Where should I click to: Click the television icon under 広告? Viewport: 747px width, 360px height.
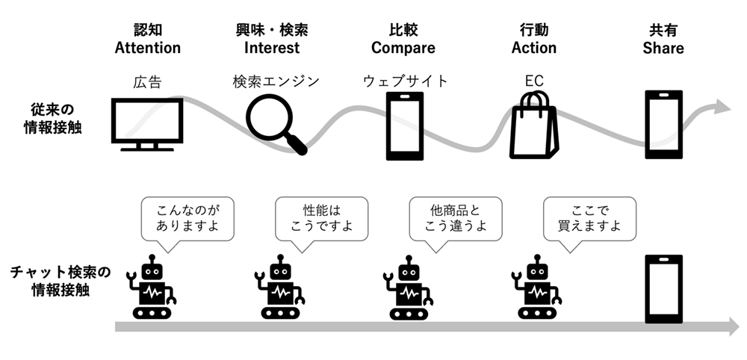pos(147,123)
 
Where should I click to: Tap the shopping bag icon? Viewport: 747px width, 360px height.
pos(533,125)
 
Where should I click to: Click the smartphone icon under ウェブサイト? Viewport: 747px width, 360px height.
pos(405,125)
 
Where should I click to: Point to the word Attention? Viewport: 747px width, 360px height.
pos(147,48)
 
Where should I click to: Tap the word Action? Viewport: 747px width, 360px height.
pos(533,48)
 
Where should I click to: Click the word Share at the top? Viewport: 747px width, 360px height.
pos(663,48)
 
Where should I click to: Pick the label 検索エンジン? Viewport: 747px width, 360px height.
pos(276,81)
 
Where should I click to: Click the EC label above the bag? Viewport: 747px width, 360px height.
pos(533,81)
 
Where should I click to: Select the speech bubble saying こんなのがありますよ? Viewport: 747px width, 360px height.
pos(186,218)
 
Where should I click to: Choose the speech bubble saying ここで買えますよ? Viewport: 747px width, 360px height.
pos(589,218)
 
